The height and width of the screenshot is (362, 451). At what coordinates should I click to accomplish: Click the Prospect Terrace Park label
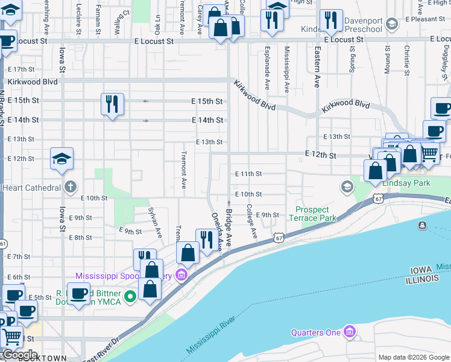(x=315, y=214)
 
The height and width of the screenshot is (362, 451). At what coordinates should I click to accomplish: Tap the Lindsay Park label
(x=406, y=183)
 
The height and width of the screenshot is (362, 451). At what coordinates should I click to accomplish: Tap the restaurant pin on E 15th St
(x=113, y=104)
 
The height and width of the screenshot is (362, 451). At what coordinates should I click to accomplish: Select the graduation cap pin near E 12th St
(x=61, y=158)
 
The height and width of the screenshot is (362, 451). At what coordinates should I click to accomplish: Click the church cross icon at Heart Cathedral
(x=71, y=186)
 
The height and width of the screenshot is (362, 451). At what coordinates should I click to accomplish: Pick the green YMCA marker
(x=130, y=297)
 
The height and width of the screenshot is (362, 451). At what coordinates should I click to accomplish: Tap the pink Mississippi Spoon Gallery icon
(x=181, y=276)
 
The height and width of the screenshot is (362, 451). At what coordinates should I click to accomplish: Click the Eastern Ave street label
(x=317, y=68)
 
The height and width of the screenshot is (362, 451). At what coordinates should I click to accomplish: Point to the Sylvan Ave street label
(x=155, y=222)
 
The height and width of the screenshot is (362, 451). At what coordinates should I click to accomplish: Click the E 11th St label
(x=248, y=174)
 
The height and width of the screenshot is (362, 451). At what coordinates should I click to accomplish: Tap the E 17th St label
(x=23, y=69)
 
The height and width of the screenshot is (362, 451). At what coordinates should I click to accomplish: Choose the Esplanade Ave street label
(x=266, y=66)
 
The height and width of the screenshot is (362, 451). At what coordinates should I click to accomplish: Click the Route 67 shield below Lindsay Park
(x=377, y=197)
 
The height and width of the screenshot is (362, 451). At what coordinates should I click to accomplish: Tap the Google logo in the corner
(x=20, y=355)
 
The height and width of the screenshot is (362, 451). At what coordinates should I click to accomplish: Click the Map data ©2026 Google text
(x=414, y=357)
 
